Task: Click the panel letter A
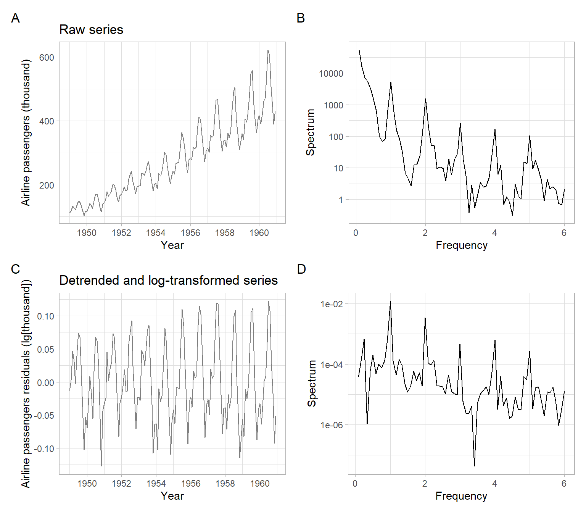tap(15, 18)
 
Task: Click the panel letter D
tap(301, 269)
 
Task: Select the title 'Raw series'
tap(91, 30)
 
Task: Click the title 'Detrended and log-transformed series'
tap(168, 281)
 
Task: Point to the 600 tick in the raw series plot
tap(47, 58)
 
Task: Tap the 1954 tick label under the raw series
tap(156, 233)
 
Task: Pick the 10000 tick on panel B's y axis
tap(331, 74)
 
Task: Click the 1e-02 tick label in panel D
tap(332, 304)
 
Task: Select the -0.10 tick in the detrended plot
tap(44, 449)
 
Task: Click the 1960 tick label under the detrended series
tap(260, 484)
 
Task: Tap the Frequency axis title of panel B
tap(461, 245)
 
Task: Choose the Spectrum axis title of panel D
tap(312, 383)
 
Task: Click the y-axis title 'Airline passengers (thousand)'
tap(26, 132)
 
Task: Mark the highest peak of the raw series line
tap(268, 50)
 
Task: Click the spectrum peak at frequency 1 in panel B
tap(391, 82)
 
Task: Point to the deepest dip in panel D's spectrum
tap(474, 466)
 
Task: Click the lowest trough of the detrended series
tap(101, 466)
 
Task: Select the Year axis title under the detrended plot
tap(172, 496)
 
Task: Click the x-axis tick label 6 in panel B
tap(564, 233)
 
